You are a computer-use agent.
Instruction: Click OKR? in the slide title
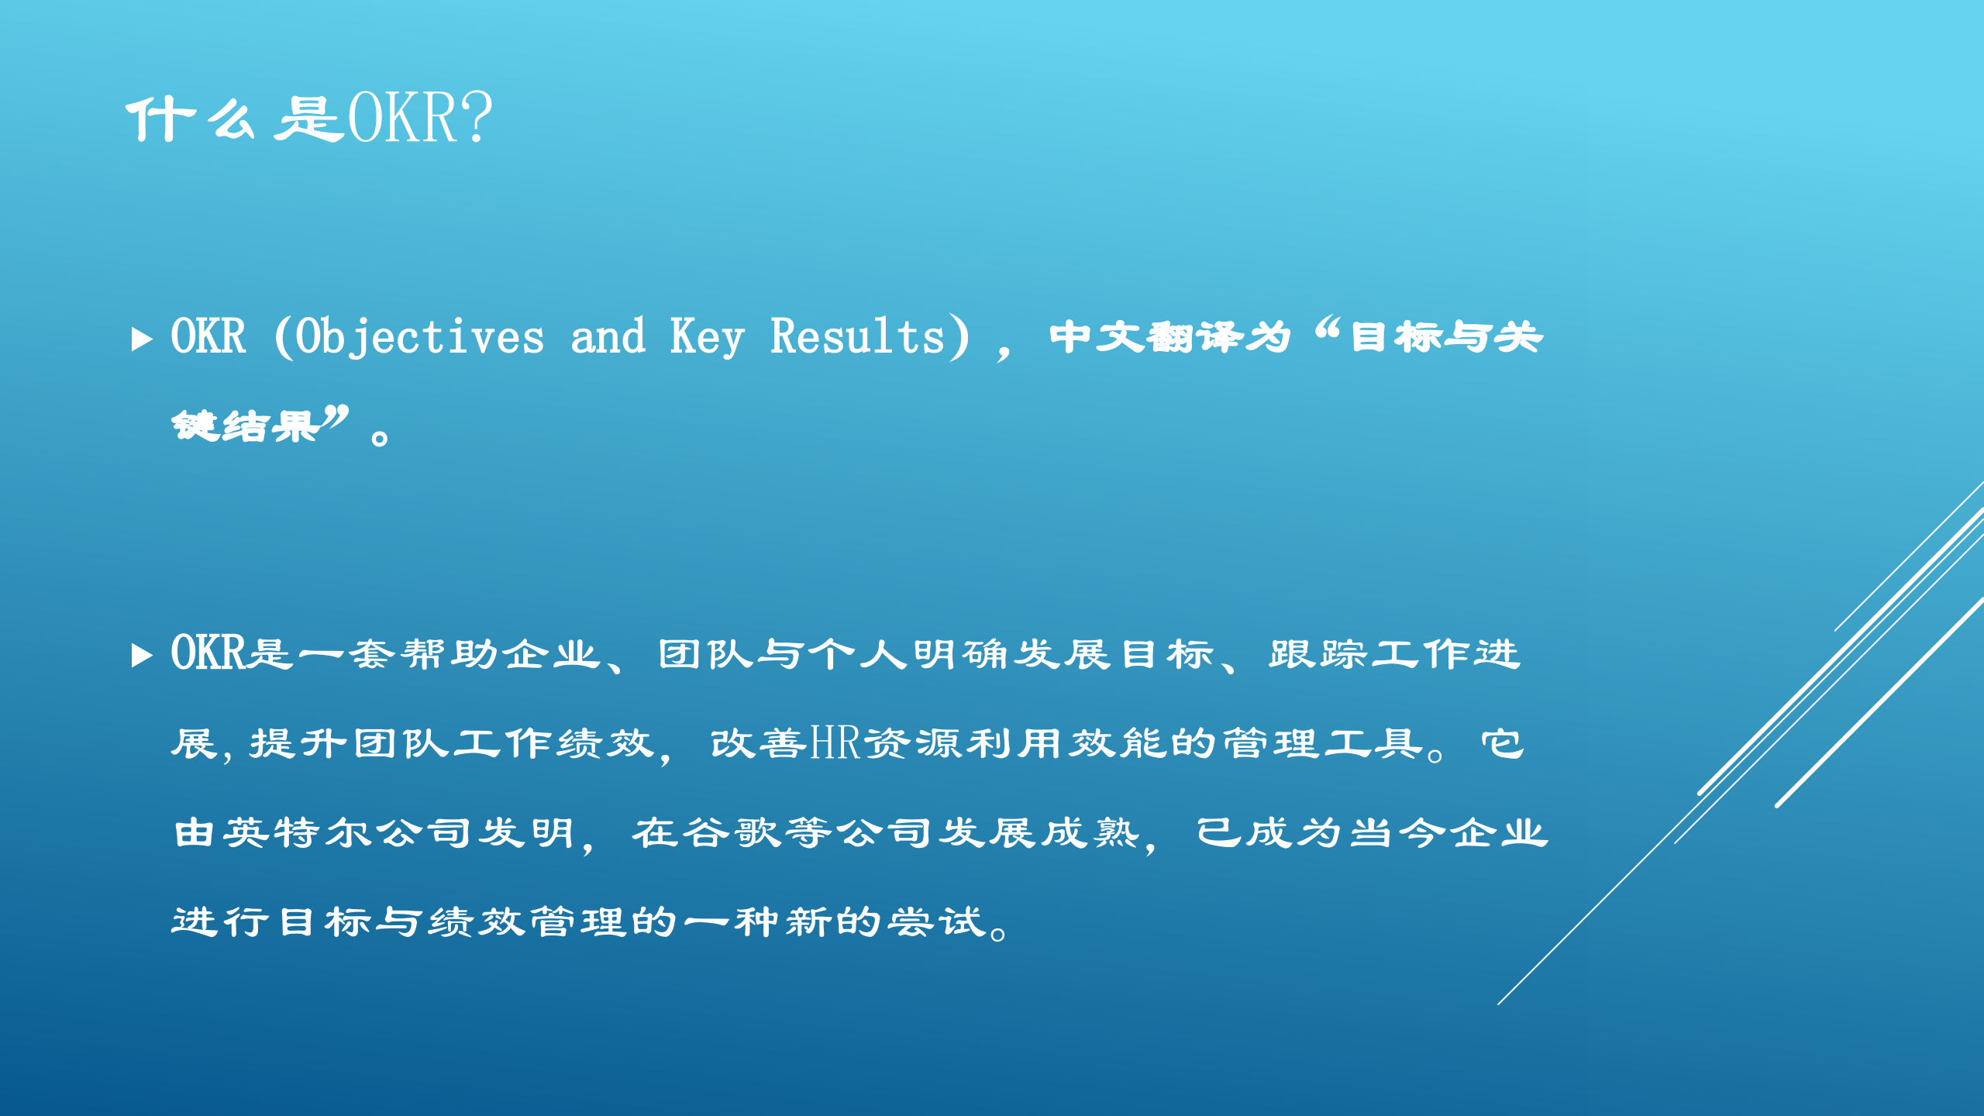(419, 118)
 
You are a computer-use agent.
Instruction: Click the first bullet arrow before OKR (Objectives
(142, 339)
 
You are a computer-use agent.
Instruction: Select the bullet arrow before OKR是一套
(142, 655)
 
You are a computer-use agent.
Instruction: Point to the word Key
(707, 338)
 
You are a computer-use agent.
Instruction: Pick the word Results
(857, 336)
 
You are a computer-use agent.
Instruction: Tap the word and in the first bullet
(608, 336)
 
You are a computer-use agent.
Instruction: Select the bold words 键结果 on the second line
(245, 425)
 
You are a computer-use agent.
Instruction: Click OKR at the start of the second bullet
(208, 653)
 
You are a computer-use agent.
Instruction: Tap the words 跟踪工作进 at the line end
(1393, 654)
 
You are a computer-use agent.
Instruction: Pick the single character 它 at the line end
(1502, 744)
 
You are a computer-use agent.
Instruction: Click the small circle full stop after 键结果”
(380, 439)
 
